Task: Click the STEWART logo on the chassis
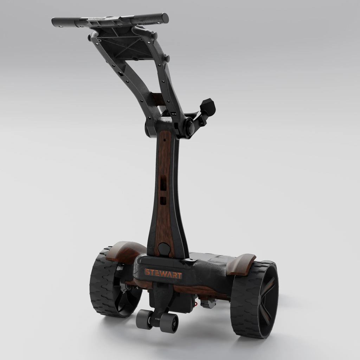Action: point(163,274)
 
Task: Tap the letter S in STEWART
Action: point(147,272)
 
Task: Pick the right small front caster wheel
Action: point(169,323)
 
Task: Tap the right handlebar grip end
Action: point(165,18)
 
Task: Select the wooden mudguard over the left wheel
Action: point(126,251)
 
